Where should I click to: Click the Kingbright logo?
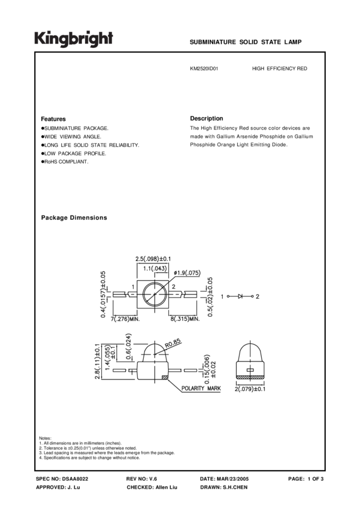click(72, 39)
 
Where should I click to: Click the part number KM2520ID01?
click(204, 69)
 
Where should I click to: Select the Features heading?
click(53, 119)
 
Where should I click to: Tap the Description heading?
click(206, 119)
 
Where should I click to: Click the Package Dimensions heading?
click(74, 218)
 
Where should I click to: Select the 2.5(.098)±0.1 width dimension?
click(153, 259)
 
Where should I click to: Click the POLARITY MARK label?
click(201, 388)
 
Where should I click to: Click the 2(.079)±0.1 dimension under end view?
click(251, 390)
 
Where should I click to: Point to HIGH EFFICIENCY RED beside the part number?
click(279, 69)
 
